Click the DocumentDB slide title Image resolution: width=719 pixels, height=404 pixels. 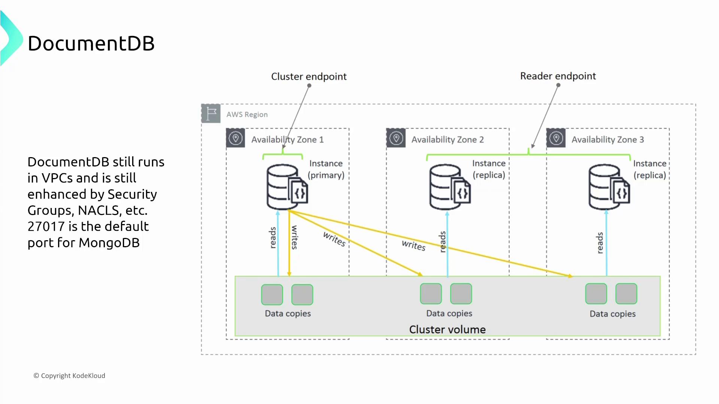point(91,43)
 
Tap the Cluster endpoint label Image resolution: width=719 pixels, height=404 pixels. point(309,77)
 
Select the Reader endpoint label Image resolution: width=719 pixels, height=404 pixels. point(558,76)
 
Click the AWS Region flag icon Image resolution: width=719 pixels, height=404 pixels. point(211,113)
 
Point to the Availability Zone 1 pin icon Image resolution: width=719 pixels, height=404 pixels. point(236,138)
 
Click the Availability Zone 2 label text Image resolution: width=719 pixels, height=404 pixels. point(448,140)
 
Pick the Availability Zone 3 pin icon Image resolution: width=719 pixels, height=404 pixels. point(556,138)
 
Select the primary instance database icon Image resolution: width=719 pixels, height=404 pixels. point(286,187)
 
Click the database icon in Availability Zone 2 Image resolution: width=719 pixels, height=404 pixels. point(449,187)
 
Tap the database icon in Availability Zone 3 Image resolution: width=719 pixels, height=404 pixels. point(609,187)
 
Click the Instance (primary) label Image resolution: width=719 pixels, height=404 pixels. point(326,169)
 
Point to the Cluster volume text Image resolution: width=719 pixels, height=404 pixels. point(447,330)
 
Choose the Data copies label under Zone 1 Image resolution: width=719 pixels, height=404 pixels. point(288,313)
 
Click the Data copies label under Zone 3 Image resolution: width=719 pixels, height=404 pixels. point(612,314)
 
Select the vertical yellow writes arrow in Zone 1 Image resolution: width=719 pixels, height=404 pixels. point(289,243)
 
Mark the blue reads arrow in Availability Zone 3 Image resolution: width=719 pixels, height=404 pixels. point(607,243)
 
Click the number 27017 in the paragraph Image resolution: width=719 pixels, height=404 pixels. point(46,227)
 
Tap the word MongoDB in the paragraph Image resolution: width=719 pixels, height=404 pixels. point(109,243)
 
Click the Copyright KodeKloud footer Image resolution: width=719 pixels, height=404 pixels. point(70,376)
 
